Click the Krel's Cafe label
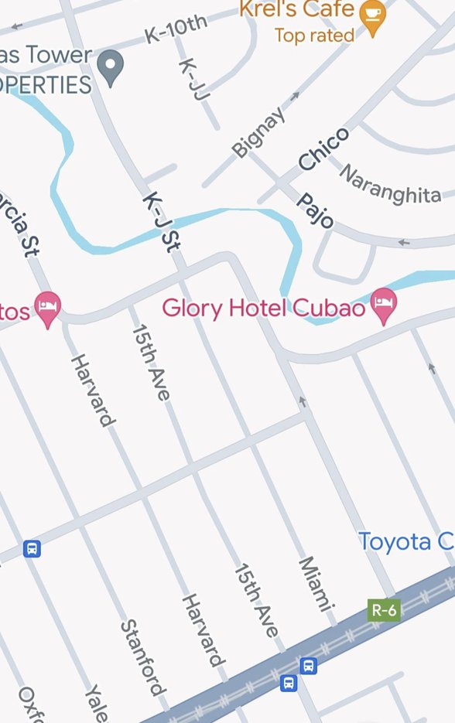tap(296, 10)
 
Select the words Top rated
tap(314, 36)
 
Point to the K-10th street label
tap(176, 29)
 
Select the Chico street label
tap(324, 149)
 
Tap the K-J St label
tap(162, 223)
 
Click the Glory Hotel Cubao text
tap(263, 308)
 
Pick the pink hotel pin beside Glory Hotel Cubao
tap(384, 305)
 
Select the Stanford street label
tap(143, 656)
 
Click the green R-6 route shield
tap(383, 610)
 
